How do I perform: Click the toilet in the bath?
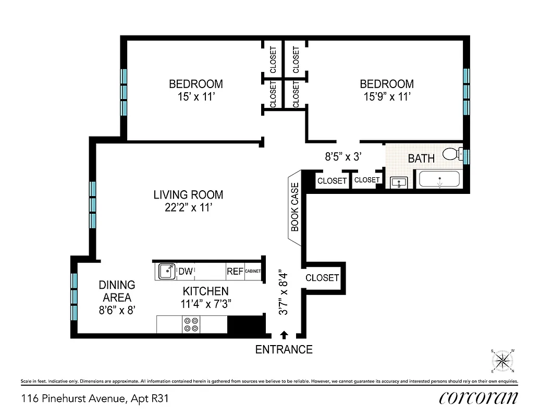(451, 153)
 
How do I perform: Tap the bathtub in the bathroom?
(439, 180)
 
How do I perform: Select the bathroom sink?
(400, 182)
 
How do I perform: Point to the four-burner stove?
(191, 325)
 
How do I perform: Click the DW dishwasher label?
(186, 271)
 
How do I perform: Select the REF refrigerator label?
(235, 271)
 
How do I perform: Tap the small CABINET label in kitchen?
(252, 271)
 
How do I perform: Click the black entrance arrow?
(284, 335)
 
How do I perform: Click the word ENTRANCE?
(284, 350)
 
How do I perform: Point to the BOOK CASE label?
(294, 207)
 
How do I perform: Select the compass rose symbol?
(503, 361)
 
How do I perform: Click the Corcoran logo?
(478, 398)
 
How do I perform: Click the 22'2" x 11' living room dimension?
(188, 207)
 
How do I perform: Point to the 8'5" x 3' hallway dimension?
(343, 155)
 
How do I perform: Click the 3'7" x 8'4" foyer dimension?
(284, 292)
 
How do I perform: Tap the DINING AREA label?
(117, 291)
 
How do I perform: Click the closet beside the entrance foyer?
(322, 278)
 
